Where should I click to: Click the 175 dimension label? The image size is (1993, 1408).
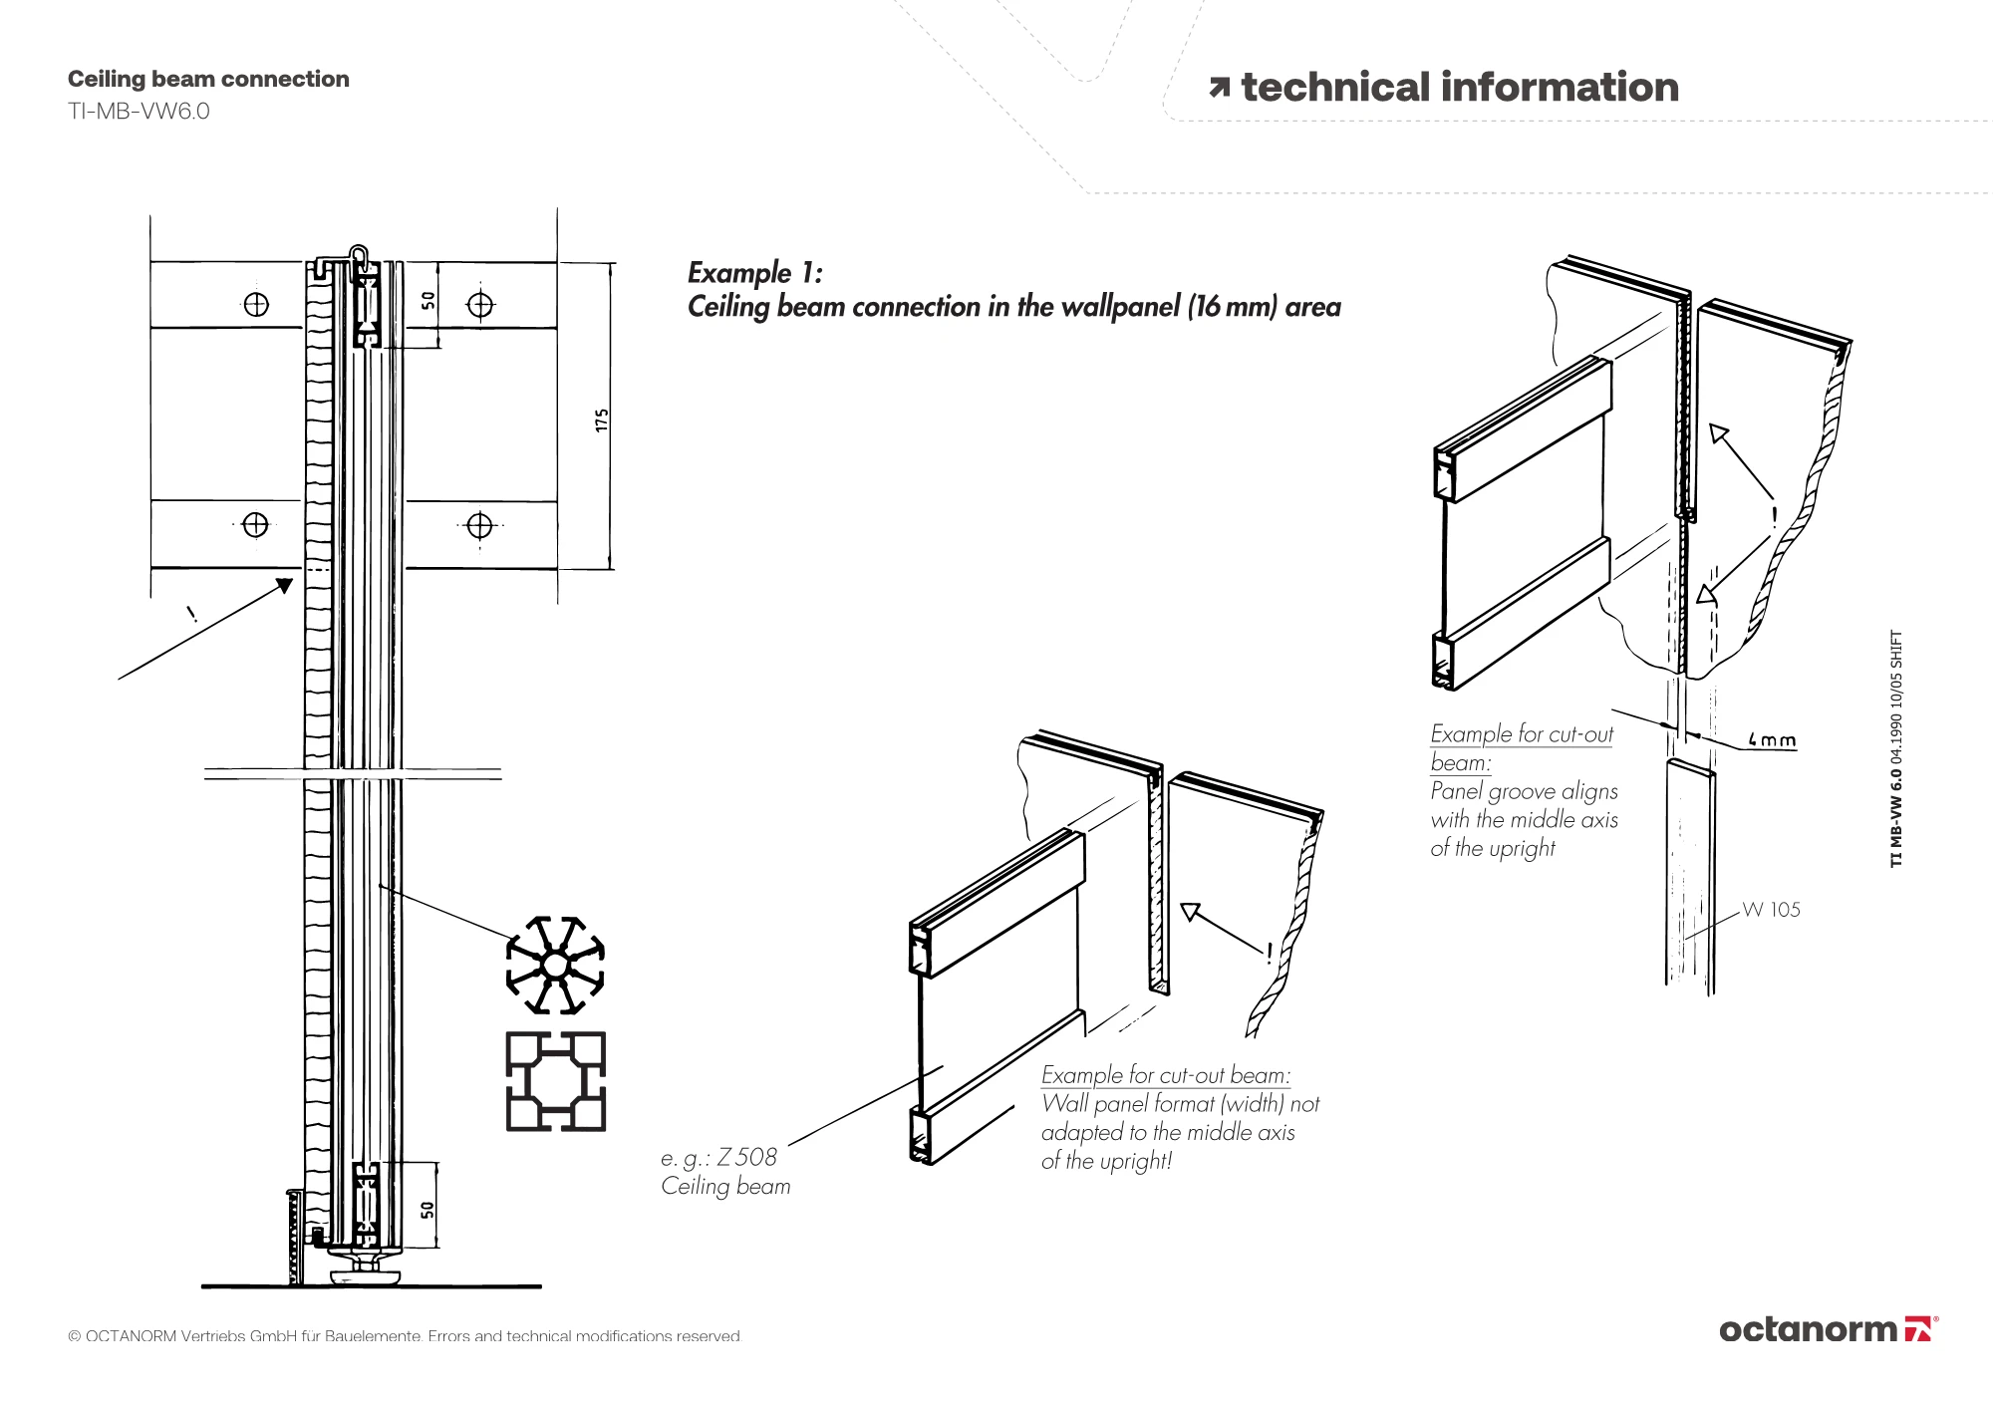[x=601, y=420]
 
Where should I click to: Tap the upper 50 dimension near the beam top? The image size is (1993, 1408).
[x=427, y=300]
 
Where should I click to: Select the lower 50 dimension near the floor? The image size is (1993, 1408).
[x=427, y=1209]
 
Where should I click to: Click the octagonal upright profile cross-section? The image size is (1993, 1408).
[x=555, y=965]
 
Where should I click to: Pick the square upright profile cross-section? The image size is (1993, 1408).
[x=555, y=1081]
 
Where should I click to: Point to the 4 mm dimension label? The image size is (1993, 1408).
[x=1772, y=740]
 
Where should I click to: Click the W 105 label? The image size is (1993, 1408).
[x=1771, y=909]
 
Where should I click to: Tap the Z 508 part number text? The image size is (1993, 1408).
[x=746, y=1157]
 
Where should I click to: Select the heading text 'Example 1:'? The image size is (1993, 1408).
[x=755, y=272]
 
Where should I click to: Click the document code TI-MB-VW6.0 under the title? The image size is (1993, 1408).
[x=139, y=111]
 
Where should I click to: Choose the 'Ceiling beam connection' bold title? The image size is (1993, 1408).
[x=208, y=79]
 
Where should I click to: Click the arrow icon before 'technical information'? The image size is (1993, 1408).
[x=1219, y=88]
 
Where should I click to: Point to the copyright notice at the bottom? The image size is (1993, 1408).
[x=405, y=1336]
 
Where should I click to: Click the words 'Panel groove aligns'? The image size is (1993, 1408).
[x=1524, y=791]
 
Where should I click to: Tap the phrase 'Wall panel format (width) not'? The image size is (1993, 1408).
[x=1180, y=1103]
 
